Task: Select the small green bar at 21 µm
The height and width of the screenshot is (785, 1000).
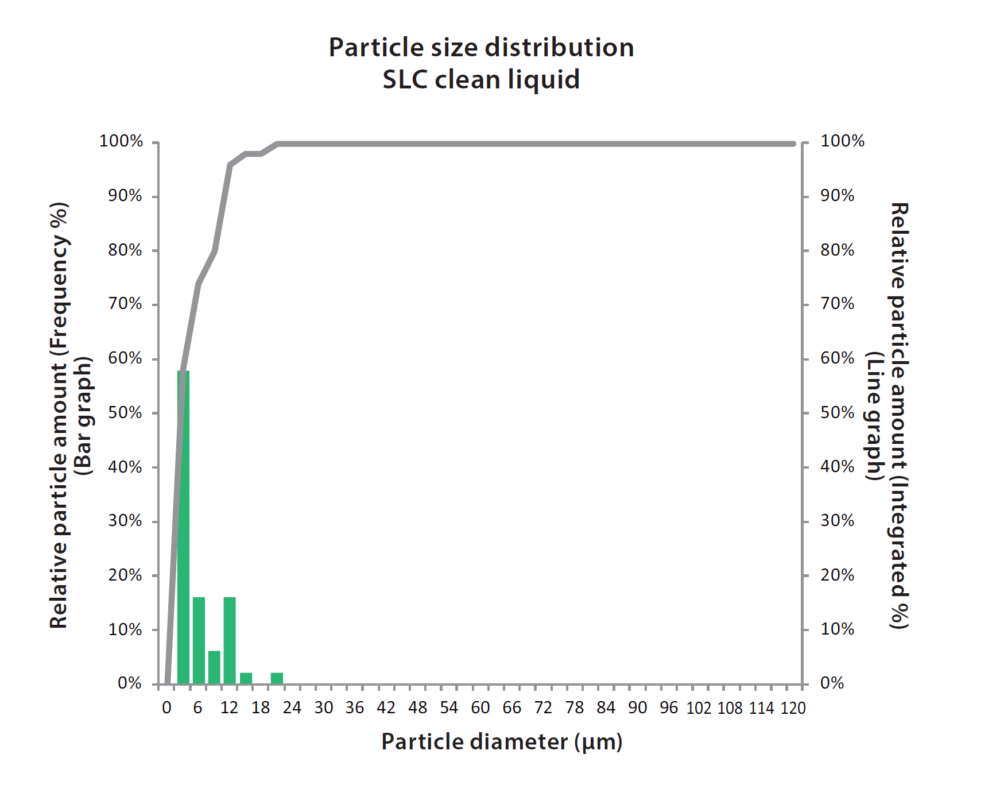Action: pyautogui.click(x=277, y=678)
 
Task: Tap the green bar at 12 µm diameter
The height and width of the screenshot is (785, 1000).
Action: pyautogui.click(x=230, y=640)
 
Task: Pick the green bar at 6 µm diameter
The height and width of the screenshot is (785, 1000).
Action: pyautogui.click(x=199, y=640)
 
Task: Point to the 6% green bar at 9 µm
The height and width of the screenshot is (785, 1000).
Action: pyautogui.click(x=214, y=667)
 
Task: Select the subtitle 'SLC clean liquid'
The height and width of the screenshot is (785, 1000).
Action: pyautogui.click(x=481, y=80)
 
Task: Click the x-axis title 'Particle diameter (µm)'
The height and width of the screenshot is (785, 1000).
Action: pyautogui.click(x=502, y=742)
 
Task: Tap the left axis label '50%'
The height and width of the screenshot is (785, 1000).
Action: pyautogui.click(x=125, y=413)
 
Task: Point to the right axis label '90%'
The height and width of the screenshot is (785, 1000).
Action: pyautogui.click(x=837, y=196)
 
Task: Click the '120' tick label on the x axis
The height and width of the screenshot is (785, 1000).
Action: pyautogui.click(x=793, y=708)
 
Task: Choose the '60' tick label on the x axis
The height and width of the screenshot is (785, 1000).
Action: pyautogui.click(x=480, y=708)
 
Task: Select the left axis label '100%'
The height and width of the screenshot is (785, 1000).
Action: pyautogui.click(x=121, y=141)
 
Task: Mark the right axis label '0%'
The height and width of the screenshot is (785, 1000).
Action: pyautogui.click(x=832, y=683)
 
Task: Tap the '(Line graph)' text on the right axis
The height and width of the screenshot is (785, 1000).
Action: pyautogui.click(x=874, y=416)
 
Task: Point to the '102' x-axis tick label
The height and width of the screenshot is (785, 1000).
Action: pyautogui.click(x=699, y=708)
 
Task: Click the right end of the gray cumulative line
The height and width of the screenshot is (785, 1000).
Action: pyautogui.click(x=794, y=144)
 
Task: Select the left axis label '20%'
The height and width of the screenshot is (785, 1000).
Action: pyautogui.click(x=125, y=575)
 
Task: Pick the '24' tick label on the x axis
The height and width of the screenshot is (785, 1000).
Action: pyautogui.click(x=292, y=708)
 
